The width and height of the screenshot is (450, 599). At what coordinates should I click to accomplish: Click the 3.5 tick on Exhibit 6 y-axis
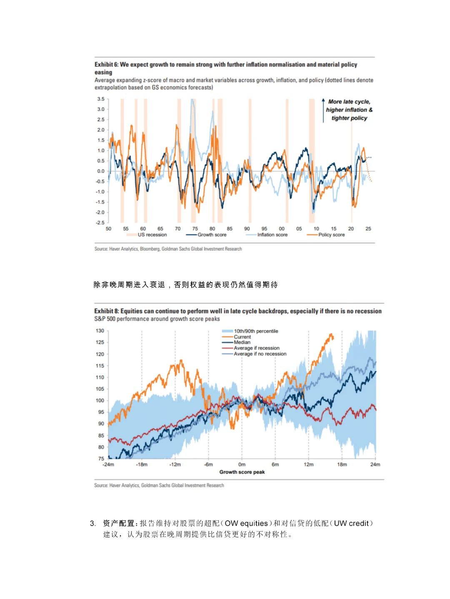click(x=101, y=99)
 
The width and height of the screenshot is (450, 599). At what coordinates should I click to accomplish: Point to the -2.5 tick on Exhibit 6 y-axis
click(x=100, y=223)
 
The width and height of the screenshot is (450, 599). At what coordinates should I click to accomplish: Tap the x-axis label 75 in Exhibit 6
click(x=195, y=229)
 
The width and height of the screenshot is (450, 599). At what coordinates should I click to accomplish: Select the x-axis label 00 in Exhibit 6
click(x=282, y=229)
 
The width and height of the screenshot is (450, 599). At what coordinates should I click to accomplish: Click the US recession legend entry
click(x=152, y=235)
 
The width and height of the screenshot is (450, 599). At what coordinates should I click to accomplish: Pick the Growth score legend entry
click(x=212, y=235)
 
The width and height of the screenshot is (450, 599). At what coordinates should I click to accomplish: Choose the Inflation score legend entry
click(x=272, y=235)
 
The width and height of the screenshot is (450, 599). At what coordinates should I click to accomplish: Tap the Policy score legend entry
click(x=331, y=235)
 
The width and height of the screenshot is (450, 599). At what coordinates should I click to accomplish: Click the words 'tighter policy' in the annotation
click(x=349, y=118)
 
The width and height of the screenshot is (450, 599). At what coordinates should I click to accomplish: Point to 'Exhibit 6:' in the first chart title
click(x=106, y=65)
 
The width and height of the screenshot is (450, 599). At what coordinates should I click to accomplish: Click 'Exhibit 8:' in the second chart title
click(x=106, y=311)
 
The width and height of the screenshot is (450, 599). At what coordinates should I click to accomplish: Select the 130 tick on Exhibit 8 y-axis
click(x=100, y=331)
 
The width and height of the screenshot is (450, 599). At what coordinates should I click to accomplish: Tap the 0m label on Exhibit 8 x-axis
click(x=242, y=465)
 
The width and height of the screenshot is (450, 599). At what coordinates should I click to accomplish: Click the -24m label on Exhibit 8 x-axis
click(x=108, y=465)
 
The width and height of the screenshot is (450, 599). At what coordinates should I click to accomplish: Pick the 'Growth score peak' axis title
click(x=242, y=472)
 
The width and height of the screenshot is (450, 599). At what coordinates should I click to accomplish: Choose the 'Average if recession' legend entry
click(x=256, y=348)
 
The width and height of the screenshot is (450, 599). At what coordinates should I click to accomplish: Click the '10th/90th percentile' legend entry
click(x=256, y=331)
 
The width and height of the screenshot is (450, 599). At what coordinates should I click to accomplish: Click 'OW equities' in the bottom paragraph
click(x=246, y=523)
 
